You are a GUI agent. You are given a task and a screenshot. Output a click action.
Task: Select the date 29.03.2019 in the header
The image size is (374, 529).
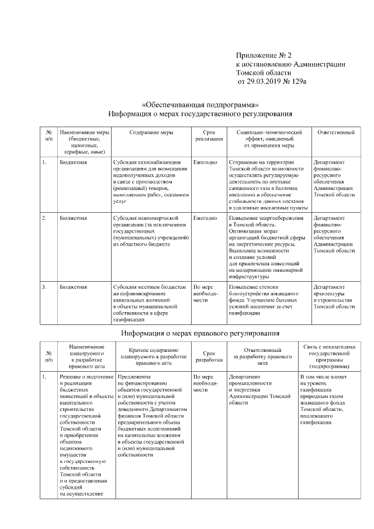(x=264, y=82)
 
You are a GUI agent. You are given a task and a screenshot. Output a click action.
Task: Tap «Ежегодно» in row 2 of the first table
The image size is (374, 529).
(x=205, y=218)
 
